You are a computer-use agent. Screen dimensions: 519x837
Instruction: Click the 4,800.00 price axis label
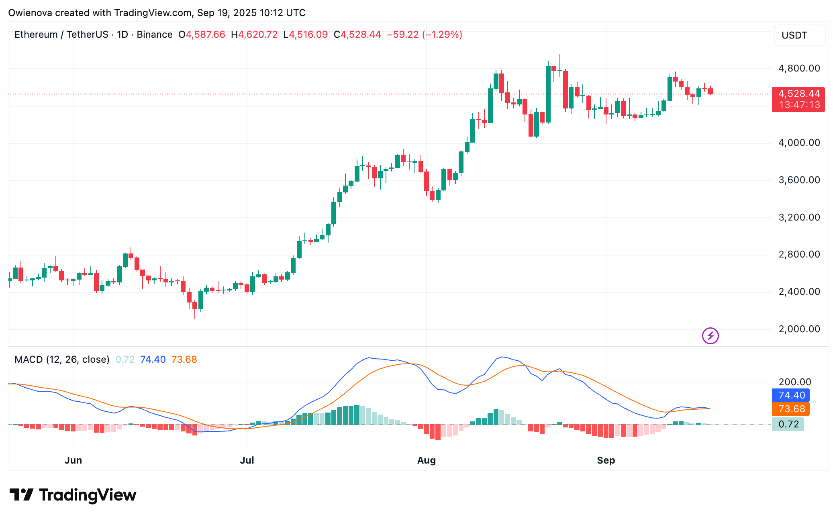(799, 68)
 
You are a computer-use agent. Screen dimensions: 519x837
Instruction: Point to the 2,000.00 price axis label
(799, 329)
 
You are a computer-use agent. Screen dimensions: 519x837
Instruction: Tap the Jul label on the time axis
(247, 460)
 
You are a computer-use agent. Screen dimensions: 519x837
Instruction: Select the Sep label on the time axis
(606, 460)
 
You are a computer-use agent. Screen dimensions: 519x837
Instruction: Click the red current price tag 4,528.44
(798, 94)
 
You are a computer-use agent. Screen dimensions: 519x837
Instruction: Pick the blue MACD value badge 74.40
(791, 395)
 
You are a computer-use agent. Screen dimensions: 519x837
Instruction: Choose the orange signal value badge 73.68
(791, 409)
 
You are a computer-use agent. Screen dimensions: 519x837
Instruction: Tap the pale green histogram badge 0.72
(788, 424)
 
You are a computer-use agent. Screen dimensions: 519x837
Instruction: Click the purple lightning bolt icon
(710, 336)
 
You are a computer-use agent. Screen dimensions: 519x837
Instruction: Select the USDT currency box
(799, 35)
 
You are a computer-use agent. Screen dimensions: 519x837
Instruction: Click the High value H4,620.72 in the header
(254, 35)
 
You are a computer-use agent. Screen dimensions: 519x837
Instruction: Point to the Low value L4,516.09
(306, 35)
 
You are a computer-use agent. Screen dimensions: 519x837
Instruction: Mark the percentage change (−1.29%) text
(442, 35)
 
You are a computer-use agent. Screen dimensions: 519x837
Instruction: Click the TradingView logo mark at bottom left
(21, 494)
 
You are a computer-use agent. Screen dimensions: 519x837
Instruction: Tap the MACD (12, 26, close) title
(62, 360)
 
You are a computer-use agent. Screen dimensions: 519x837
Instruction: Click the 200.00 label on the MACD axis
(795, 382)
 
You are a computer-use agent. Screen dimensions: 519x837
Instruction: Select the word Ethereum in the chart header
(36, 35)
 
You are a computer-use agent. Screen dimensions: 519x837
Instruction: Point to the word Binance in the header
(155, 35)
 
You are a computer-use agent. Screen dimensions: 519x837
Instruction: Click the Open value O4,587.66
(202, 35)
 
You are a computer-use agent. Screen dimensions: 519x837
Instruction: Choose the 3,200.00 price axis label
(799, 217)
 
